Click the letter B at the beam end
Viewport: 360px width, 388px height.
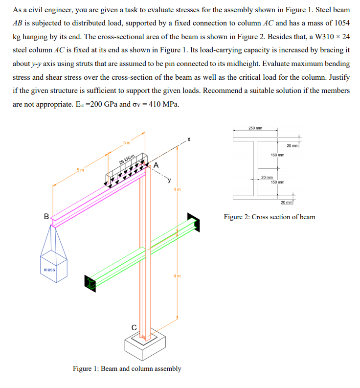[46, 216]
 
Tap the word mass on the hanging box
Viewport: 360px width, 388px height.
[49, 270]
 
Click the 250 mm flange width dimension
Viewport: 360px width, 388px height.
[255, 128]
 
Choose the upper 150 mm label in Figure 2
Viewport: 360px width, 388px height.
[277, 155]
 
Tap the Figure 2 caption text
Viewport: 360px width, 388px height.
[270, 217]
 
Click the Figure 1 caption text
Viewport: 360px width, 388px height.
[127, 368]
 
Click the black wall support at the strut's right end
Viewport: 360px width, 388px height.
[194, 223]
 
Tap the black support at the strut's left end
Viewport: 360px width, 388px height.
[89, 282]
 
